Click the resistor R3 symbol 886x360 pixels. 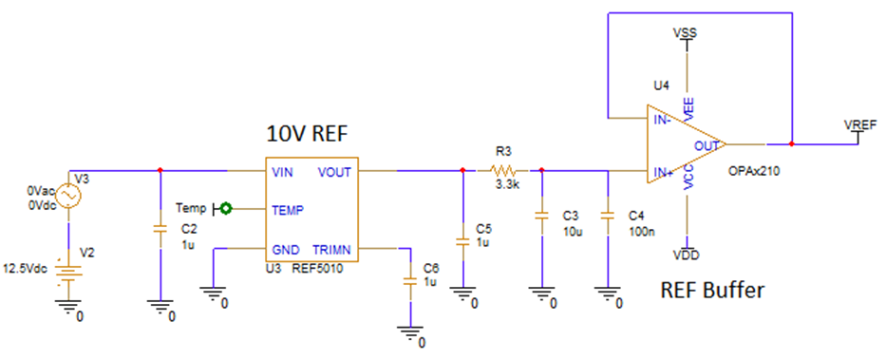coord(501,171)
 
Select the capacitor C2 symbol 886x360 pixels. coord(160,229)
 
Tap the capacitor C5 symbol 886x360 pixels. coord(462,242)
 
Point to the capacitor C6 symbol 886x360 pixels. coord(410,282)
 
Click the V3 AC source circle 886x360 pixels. coord(67,197)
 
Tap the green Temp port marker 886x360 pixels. coord(226,207)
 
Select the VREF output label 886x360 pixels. coord(859,125)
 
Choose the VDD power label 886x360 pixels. coord(685,255)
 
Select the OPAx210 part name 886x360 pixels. coord(754,172)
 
